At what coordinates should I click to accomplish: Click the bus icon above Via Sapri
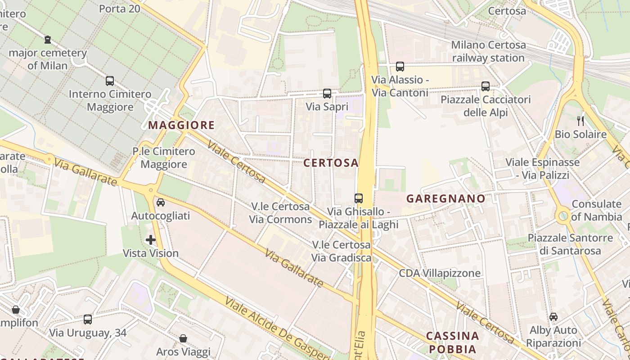coord(327,94)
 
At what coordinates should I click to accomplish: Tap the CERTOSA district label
coord(331,163)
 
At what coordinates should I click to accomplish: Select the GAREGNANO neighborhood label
coord(446,198)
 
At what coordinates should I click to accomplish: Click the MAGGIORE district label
coord(181,125)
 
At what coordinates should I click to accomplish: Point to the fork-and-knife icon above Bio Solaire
coord(580,121)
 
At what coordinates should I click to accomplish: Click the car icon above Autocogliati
coord(161,202)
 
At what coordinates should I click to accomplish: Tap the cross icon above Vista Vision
coord(151,240)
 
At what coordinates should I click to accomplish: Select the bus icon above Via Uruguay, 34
coord(88,319)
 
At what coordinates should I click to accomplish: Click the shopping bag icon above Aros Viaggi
coord(183,338)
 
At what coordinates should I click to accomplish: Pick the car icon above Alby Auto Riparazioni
coord(553,317)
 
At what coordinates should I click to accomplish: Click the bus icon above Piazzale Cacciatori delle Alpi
coord(486,86)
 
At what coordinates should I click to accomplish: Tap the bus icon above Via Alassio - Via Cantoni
coord(400,67)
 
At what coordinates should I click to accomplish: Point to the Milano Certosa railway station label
coord(488,51)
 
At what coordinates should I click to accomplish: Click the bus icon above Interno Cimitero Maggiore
coord(110,81)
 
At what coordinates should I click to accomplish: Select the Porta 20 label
coord(119,9)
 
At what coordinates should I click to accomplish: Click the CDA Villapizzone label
coord(440,273)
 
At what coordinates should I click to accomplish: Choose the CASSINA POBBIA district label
coord(452,342)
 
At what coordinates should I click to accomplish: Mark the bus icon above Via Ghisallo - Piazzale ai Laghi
coord(359,198)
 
